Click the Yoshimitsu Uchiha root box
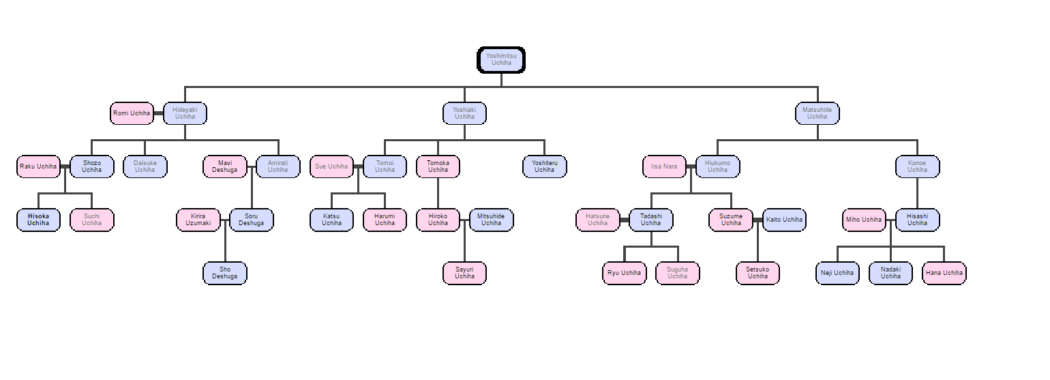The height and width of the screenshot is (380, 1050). coord(501,60)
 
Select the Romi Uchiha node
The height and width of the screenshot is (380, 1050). coord(132,113)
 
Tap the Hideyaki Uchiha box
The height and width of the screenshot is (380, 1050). coord(185,113)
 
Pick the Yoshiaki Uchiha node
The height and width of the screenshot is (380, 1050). coord(464,113)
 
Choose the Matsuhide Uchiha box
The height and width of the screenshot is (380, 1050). coord(817,113)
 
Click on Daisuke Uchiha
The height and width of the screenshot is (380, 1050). coord(145,166)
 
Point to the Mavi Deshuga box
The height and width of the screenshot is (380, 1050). coord(225,166)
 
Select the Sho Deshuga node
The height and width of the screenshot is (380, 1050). coord(225,273)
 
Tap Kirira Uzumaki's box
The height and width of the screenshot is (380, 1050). coord(198,220)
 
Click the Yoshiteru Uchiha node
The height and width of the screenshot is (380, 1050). coord(544,166)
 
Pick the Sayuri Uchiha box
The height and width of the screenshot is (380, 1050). coord(464,273)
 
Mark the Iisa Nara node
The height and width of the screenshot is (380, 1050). coord(664,166)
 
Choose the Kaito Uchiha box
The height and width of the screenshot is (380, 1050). coord(784,220)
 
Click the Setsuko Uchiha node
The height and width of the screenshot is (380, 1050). coord(757,273)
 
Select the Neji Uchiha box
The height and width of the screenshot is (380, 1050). coord(837,273)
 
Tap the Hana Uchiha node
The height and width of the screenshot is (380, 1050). coord(944,273)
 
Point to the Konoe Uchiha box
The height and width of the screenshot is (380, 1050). coord(917,166)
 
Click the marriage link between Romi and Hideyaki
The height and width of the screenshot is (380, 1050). coord(158,113)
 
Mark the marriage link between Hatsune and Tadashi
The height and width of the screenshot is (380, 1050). coord(624,220)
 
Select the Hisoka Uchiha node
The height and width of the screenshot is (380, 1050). coord(38,220)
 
